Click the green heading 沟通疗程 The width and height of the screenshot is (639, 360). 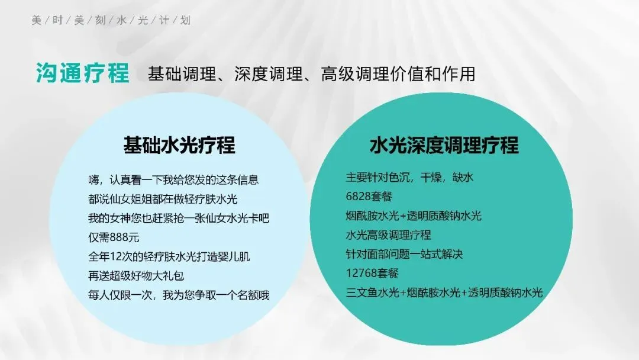(82, 74)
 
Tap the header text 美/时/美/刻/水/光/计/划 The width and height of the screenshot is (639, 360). (111, 21)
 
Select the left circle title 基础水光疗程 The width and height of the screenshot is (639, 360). (179, 145)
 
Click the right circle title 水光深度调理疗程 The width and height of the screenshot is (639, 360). (444, 145)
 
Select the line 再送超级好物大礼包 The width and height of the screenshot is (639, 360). (141, 275)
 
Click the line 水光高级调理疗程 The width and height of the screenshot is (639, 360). (388, 235)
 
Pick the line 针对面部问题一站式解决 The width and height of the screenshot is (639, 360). (404, 255)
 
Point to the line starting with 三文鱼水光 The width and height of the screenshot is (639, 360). (444, 292)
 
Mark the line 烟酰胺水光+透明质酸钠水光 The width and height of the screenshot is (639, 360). (414, 216)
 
